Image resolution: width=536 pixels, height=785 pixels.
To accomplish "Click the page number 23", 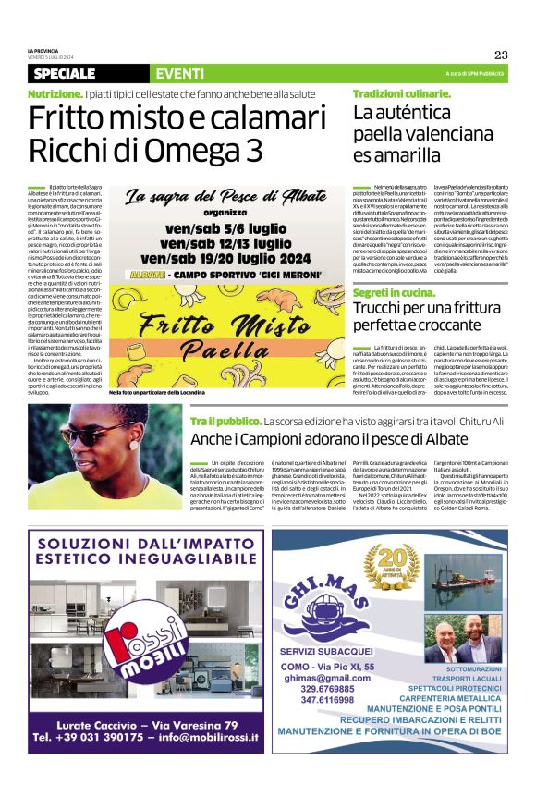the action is [501, 55].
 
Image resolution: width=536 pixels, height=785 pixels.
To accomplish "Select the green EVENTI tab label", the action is [180, 73].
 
